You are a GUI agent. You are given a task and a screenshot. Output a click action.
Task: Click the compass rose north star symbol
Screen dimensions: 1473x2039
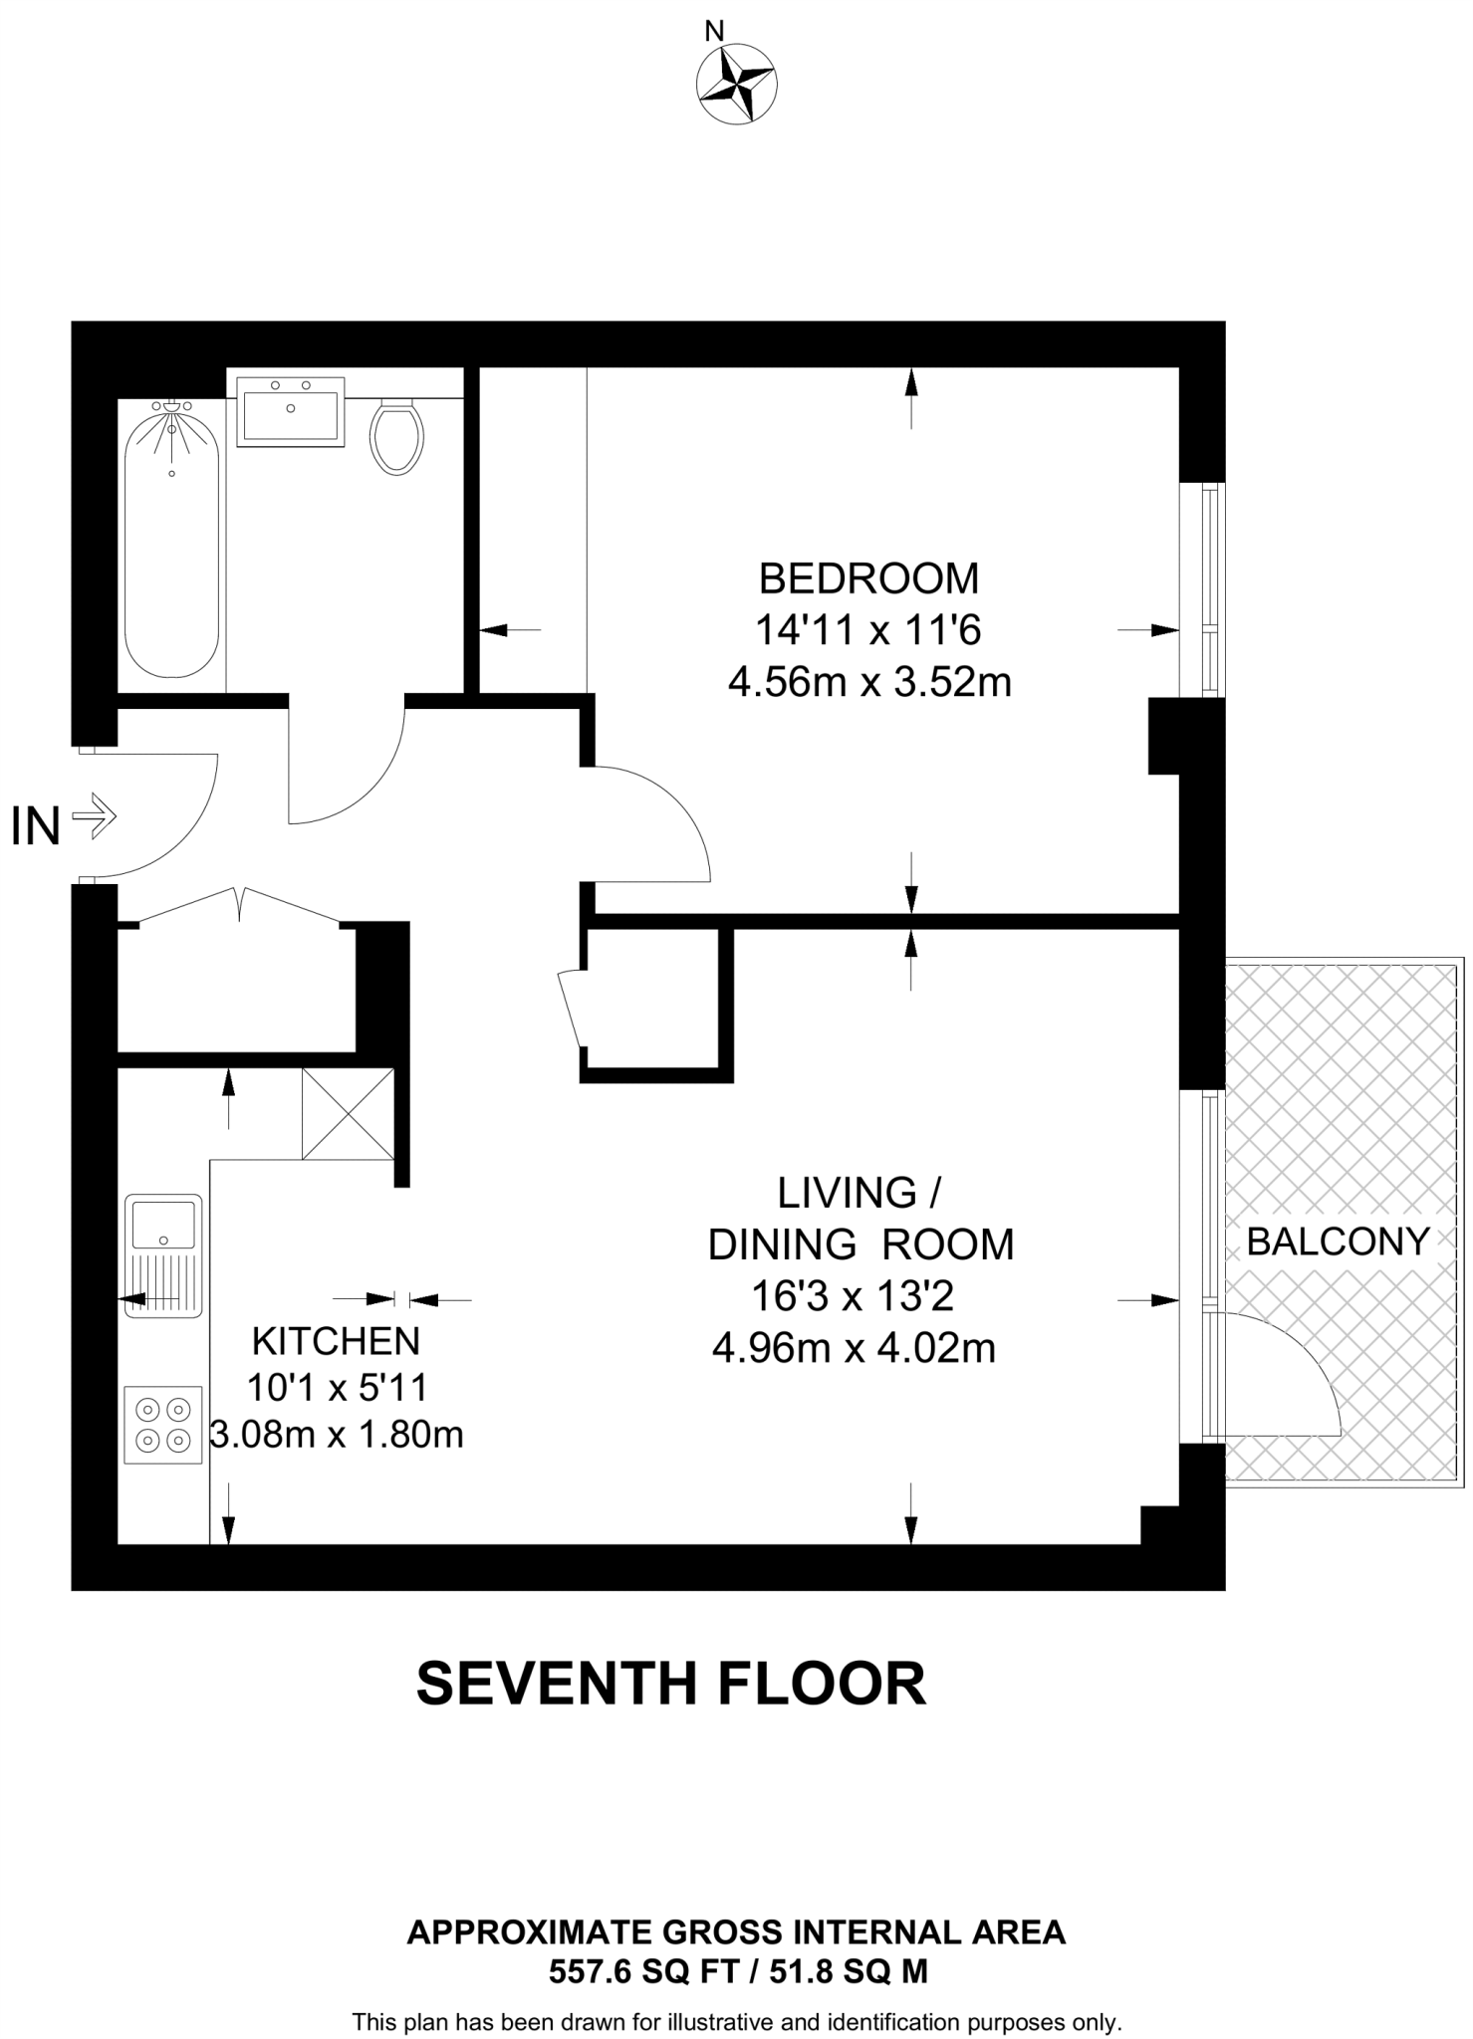coord(737,85)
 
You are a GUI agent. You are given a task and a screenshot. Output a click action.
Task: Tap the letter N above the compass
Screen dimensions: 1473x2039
coord(714,32)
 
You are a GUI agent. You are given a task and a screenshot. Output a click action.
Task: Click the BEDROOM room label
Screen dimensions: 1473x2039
coord(869,578)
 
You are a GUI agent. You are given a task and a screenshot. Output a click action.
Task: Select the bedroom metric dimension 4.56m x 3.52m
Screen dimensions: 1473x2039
coord(869,683)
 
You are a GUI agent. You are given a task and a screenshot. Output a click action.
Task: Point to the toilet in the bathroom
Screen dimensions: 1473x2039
coord(396,435)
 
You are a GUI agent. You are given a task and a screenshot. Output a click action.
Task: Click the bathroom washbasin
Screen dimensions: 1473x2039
coord(291,411)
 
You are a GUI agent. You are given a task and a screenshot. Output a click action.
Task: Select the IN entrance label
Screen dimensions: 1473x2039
coord(36,826)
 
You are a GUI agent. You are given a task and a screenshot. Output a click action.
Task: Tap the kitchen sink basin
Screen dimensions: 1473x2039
coord(163,1225)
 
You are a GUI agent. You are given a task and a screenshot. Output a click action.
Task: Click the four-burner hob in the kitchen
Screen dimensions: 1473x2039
coord(163,1425)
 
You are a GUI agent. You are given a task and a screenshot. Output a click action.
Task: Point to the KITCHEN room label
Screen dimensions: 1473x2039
coord(336,1342)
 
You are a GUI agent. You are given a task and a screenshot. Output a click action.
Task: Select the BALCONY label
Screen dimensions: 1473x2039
coord(1339,1242)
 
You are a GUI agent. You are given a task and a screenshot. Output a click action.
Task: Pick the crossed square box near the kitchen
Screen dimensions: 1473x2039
coord(349,1114)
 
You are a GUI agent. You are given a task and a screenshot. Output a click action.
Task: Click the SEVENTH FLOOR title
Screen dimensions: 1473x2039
coord(671,1684)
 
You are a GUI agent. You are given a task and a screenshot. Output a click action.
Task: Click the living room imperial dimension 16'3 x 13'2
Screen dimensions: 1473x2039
coord(853,1296)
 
